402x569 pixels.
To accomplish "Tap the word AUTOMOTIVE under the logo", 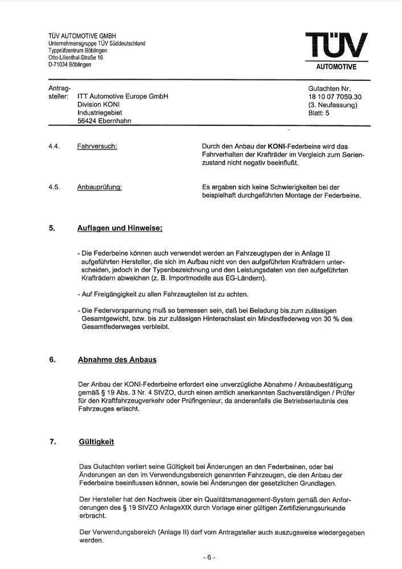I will tap(337, 67).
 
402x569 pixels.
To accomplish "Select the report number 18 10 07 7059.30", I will tap(335, 97).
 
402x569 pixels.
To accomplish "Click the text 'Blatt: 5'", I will tap(319, 113).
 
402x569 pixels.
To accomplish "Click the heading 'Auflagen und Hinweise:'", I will tap(120, 229).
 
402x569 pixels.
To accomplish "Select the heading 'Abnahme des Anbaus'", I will tap(117, 360).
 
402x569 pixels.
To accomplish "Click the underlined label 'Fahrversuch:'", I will tap(97, 147).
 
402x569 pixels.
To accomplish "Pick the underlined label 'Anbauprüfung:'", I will tap(99, 187).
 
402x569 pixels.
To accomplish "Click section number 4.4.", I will tap(55, 147).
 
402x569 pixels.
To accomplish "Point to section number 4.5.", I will tap(55, 187).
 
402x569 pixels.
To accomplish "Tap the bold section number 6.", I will tap(52, 360).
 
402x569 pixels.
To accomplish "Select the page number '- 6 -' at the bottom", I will tap(210, 557).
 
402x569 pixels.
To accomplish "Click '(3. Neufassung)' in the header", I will tap(333, 105).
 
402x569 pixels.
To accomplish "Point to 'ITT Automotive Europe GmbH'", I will tap(122, 97).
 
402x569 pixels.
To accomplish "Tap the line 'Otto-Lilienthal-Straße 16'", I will tap(76, 58).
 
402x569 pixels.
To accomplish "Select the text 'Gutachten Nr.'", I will tap(330, 89).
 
